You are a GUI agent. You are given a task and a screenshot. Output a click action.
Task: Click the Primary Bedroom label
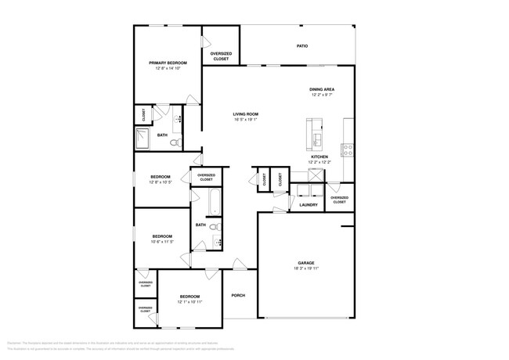[x=168, y=63]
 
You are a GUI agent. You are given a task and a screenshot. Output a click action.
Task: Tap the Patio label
[x=301, y=46]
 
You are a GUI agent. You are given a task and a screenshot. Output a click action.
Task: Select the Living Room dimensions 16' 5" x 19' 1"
[x=245, y=121]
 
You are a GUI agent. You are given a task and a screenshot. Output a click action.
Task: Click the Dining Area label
[x=323, y=89]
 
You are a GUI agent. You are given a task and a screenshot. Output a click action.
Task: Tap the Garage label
[x=305, y=262]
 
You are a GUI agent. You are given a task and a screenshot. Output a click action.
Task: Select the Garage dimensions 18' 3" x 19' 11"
[x=305, y=268]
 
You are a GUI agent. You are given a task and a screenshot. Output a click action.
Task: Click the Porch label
[x=238, y=295]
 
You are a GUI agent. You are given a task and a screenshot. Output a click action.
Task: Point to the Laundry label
[x=309, y=205]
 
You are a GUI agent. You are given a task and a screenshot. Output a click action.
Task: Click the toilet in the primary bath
[x=177, y=142]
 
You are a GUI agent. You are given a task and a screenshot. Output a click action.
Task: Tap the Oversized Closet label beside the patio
[x=221, y=56]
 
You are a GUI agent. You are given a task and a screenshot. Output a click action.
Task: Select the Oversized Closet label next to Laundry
[x=339, y=200]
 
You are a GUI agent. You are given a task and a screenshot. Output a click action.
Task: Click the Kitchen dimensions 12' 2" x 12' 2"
[x=319, y=162]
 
